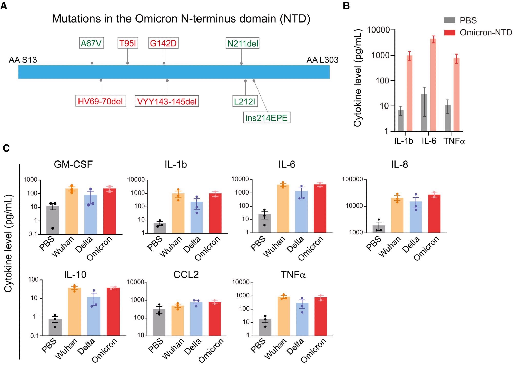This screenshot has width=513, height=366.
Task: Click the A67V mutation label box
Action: coord(91,43)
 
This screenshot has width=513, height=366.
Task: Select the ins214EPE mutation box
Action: coord(267,118)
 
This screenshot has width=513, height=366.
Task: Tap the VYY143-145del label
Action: coord(167,102)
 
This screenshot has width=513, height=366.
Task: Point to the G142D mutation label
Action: coord(163,43)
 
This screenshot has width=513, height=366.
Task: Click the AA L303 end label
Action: coord(322,60)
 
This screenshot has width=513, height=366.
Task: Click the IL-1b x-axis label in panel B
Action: coord(404,141)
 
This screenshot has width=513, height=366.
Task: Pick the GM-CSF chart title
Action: coord(73,164)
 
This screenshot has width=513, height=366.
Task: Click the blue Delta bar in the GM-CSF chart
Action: coord(91,215)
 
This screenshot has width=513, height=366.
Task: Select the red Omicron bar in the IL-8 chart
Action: coord(434,214)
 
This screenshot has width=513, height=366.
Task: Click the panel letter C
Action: coord(6,148)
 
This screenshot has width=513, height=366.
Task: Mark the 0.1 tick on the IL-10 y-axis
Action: coord(34,336)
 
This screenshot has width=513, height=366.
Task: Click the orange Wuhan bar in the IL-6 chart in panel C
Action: coord(283,209)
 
